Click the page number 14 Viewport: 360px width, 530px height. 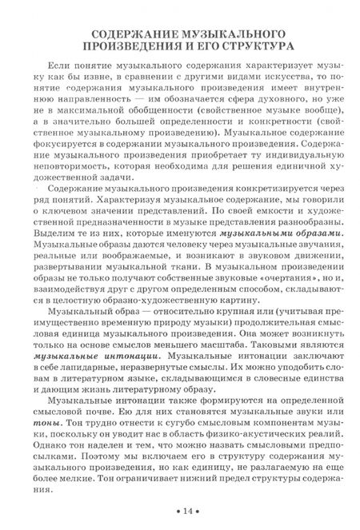(187, 511)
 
